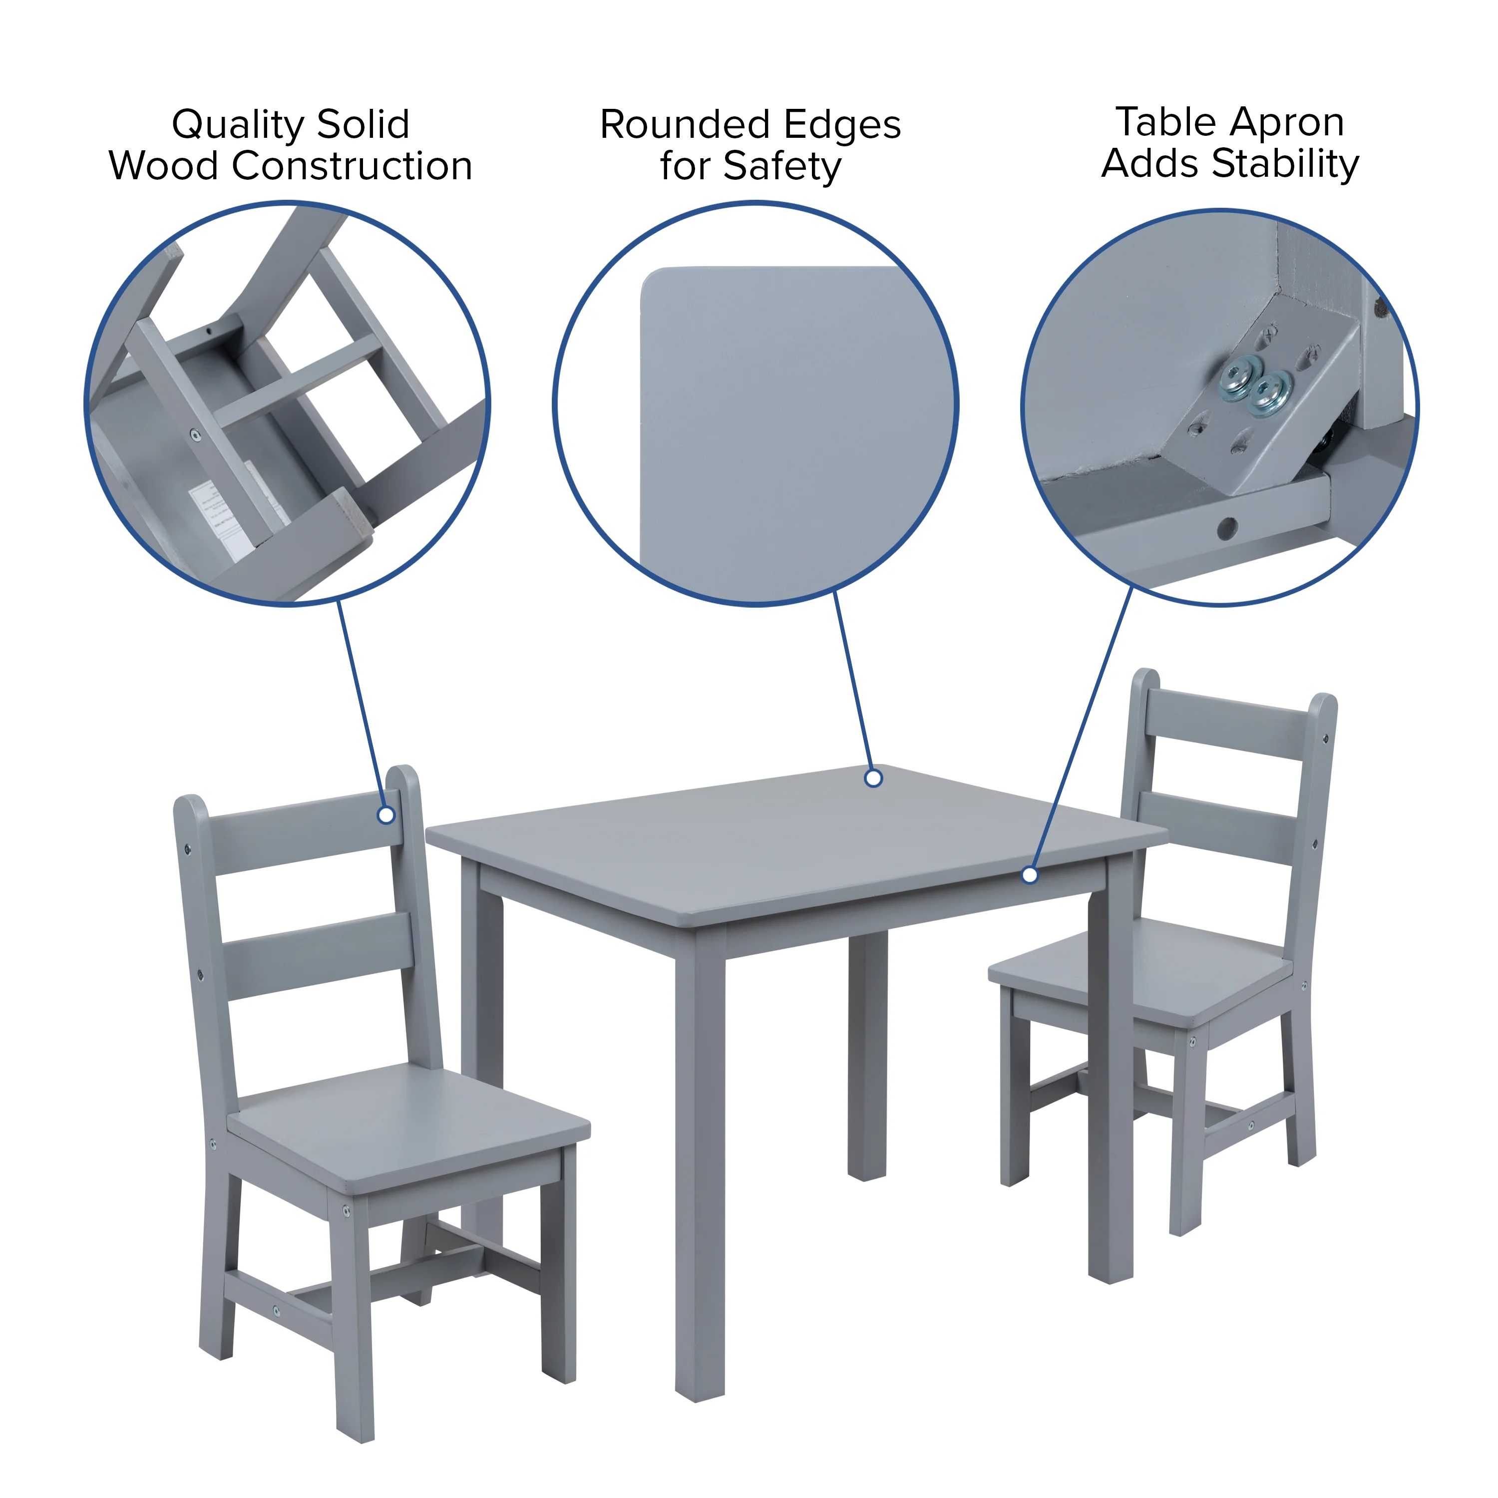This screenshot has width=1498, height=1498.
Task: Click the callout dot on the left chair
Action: tap(386, 815)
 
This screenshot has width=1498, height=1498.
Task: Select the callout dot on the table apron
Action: tap(1030, 875)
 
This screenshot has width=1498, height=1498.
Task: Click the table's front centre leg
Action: tap(700, 1163)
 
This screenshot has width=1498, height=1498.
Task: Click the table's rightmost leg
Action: tap(1111, 1086)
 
